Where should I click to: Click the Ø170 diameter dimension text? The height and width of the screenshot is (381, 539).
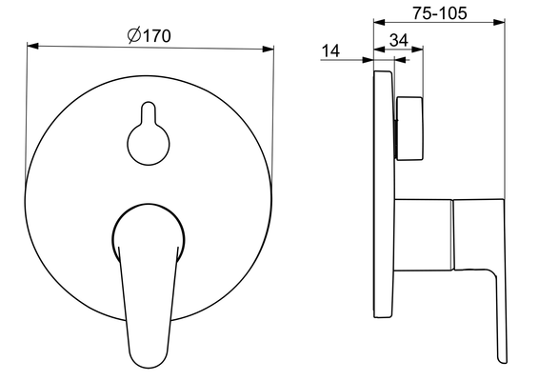point(149,35)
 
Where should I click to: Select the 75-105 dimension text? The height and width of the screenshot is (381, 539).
point(440,13)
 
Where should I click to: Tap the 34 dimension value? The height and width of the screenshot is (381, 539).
point(399,40)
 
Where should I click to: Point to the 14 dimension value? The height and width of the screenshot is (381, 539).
point(330,50)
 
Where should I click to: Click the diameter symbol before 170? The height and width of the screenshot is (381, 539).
point(134,35)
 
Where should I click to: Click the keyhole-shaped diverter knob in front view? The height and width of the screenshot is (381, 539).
point(149,134)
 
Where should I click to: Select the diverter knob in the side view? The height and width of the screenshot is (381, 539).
point(409,129)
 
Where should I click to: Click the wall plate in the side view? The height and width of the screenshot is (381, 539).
point(384,194)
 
